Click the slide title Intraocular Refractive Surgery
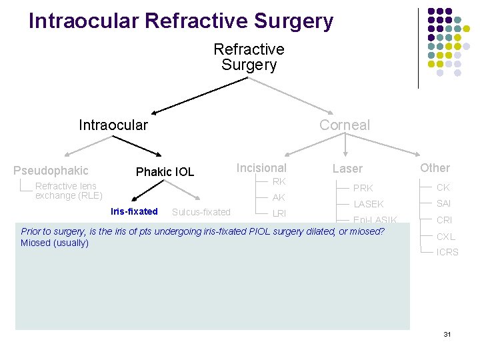coord(181,21)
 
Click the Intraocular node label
coord(113,125)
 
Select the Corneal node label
coord(344,125)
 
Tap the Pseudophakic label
coord(51,171)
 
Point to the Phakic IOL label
coord(165,172)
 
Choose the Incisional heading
coord(262,168)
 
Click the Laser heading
coord(347,169)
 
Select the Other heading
coord(435,168)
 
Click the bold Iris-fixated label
coord(134,211)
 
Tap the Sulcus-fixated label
coord(201,212)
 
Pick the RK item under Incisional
coord(279,181)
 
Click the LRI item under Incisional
coord(279,213)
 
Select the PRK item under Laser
coord(363,188)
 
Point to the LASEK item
coord(368,204)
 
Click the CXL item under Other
coord(445,236)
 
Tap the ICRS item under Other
coord(447,252)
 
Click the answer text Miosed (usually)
coord(55,243)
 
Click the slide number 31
coord(447,333)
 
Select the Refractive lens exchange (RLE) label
coord(69,191)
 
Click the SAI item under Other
coord(444,203)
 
